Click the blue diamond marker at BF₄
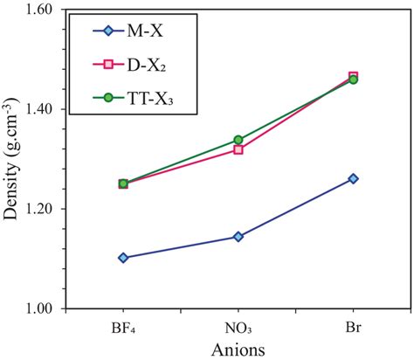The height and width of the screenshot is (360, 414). [123, 258]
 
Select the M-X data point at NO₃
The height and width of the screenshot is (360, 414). [238, 237]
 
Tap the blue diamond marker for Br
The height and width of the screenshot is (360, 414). [353, 178]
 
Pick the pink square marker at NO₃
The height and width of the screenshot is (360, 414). [238, 149]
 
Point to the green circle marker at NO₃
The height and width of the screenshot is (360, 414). [238, 140]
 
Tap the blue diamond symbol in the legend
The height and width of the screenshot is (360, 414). [107, 33]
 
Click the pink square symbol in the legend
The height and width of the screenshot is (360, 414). [107, 69]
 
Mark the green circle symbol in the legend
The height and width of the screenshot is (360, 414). [107, 106]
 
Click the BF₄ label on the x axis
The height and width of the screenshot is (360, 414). [123, 327]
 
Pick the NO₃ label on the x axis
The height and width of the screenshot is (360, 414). [238, 327]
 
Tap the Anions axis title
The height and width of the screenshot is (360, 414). [238, 347]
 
